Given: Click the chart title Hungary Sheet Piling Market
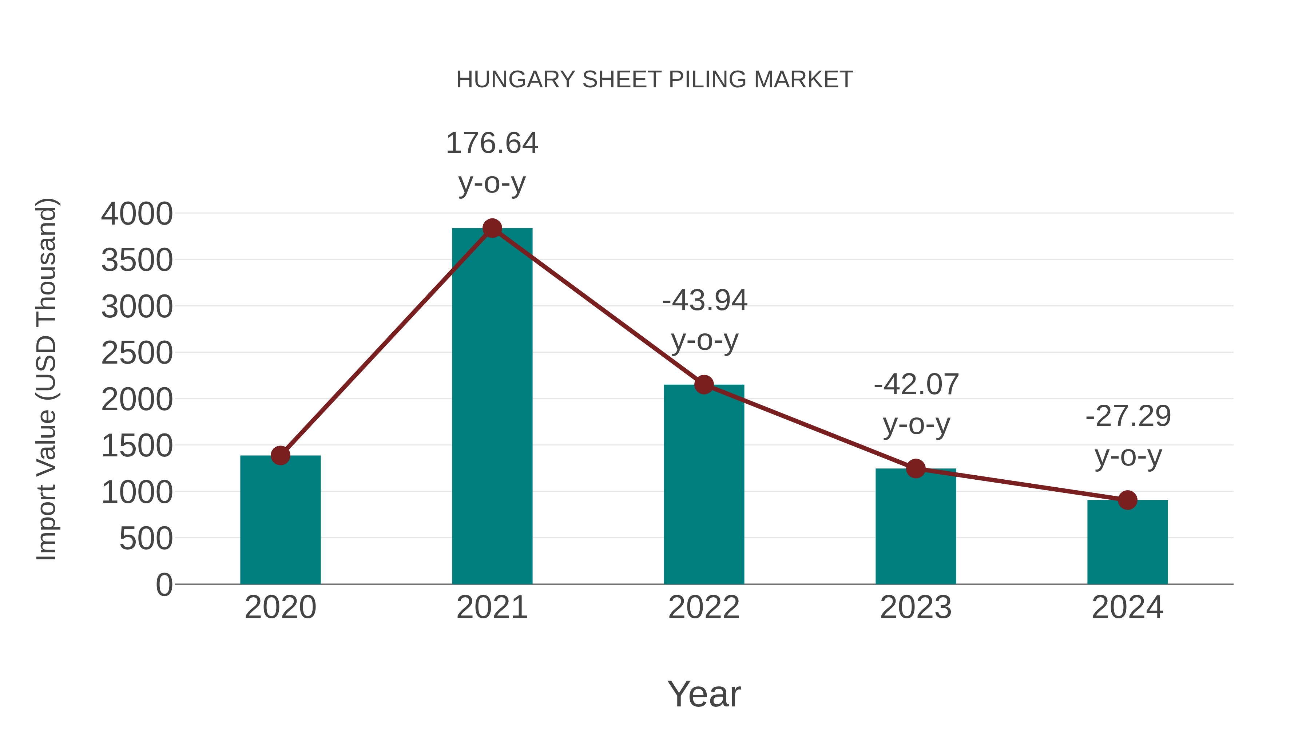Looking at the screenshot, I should point(655,80).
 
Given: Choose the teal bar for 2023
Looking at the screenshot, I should point(916,529).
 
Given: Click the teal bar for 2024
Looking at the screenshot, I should point(1127,544).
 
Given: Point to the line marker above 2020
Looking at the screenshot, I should point(280,455).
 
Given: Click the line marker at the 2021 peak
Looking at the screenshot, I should point(492,228).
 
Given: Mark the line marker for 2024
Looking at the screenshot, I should point(1127,500).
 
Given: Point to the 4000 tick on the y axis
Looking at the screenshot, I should point(137,214).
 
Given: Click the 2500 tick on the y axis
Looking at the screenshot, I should point(137,353).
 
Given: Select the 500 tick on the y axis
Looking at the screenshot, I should point(146,538).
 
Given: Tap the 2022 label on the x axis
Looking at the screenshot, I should point(704,607).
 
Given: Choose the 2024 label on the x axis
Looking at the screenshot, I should point(1127,607).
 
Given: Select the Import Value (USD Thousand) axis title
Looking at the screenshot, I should point(46,379).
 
